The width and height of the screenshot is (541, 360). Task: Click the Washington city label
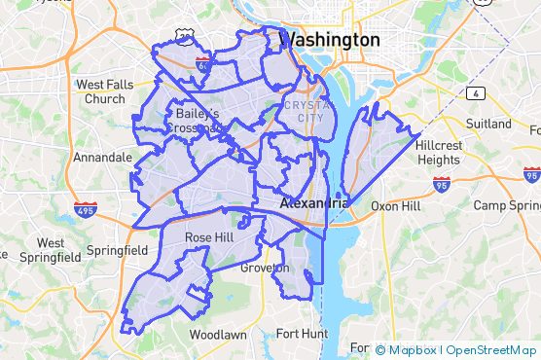[329, 40]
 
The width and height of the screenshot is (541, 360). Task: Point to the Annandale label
[102, 157]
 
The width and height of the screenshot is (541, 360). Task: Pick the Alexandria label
[313, 204]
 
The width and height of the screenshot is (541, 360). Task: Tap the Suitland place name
[489, 125]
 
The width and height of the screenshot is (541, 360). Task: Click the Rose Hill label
[209, 237]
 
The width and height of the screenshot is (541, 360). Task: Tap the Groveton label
[265, 268]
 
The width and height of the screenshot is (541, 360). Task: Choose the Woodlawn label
[217, 334]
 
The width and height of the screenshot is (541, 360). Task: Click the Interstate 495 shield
[85, 209]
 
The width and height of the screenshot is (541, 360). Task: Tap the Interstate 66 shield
[202, 65]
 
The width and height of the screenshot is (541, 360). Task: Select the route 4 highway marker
[476, 93]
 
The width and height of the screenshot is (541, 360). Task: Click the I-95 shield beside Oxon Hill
[442, 183]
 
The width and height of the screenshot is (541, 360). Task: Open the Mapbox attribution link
[413, 349]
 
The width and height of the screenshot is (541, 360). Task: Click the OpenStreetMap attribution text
[491, 349]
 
